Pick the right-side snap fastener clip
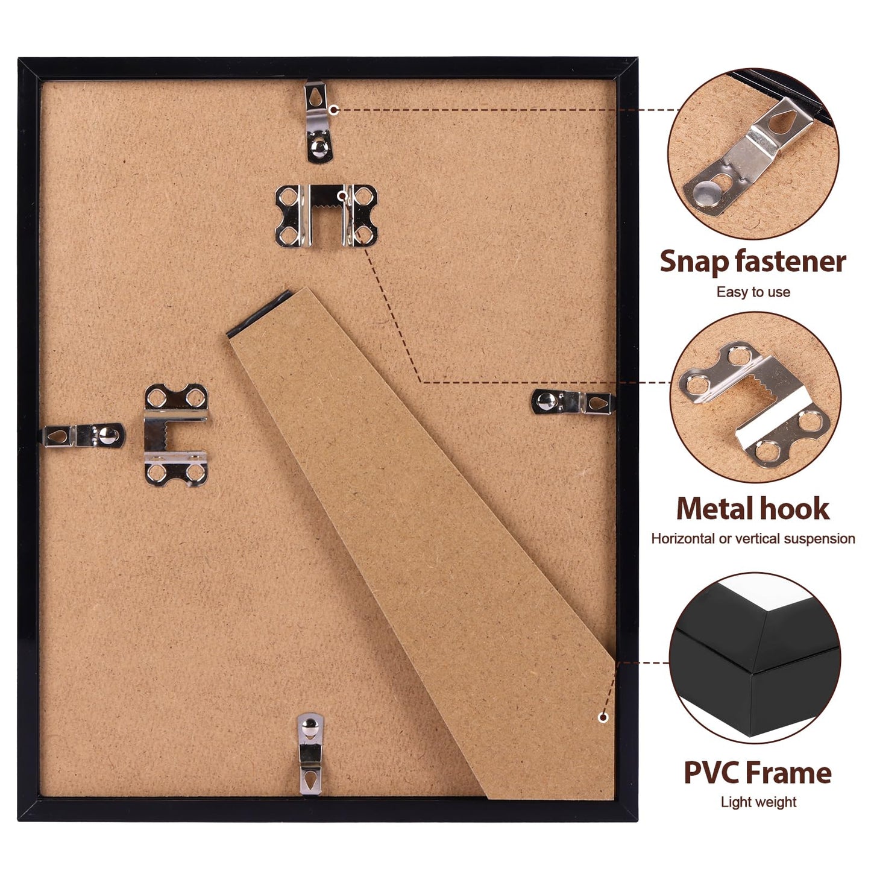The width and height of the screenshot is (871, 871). click(x=572, y=402)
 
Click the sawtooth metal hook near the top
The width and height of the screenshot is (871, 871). click(x=326, y=216)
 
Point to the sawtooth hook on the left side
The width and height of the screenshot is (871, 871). click(x=176, y=435)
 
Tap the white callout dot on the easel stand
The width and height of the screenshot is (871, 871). click(x=602, y=717)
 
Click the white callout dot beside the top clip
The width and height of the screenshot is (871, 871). click(x=333, y=110)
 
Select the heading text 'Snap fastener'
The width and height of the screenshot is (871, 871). click(x=752, y=262)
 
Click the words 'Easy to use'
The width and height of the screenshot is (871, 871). click(x=753, y=292)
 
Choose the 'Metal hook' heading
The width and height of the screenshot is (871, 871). click(x=752, y=509)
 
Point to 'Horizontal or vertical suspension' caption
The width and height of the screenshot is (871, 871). click(x=753, y=538)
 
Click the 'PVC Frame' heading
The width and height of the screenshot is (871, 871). click(x=757, y=773)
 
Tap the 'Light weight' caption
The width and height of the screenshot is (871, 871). click(x=758, y=802)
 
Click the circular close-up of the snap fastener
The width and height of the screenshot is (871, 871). click(x=753, y=154)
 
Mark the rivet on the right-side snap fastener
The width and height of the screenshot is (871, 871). click(x=547, y=400)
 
